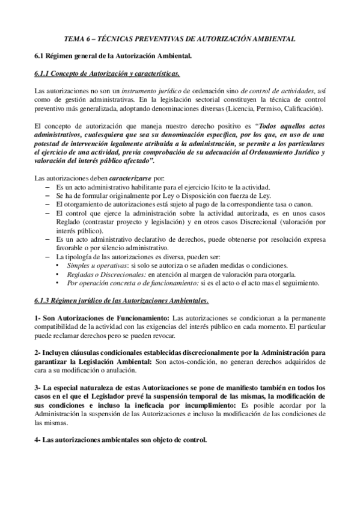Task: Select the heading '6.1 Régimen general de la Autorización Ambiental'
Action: pos(112,56)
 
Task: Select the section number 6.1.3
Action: pos(45,300)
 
